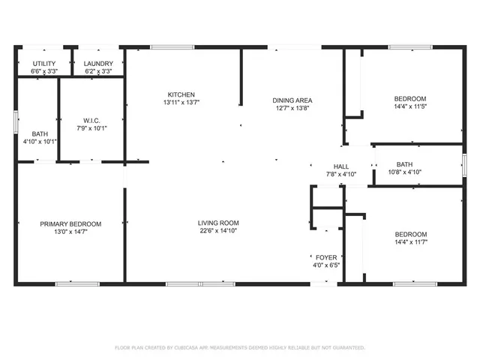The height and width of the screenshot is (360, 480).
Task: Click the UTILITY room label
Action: pos(45,64)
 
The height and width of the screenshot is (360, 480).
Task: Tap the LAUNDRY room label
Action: pos(98,64)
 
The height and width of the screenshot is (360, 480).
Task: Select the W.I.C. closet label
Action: pos(92,120)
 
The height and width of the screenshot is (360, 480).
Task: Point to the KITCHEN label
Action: pos(181,94)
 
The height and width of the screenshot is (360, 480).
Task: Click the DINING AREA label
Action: pos(292,100)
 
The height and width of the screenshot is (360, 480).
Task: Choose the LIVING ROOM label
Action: pos(218,223)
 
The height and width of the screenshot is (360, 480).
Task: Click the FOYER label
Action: pos(326,257)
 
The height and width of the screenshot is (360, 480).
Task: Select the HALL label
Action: pos(341,166)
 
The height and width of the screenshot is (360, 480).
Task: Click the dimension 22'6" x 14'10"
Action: pos(218,231)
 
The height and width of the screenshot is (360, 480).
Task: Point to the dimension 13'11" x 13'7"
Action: pos(181,102)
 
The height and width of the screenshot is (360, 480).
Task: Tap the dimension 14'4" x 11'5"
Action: pos(411,107)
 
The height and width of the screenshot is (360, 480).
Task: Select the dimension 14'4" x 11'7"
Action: pos(411,242)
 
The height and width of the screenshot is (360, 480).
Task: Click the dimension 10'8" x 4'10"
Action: pos(404,172)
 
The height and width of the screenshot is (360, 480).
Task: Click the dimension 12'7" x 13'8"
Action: pos(292,108)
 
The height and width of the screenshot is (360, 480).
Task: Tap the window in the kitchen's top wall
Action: pos(172,47)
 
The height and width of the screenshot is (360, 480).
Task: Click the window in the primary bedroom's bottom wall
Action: pos(77,283)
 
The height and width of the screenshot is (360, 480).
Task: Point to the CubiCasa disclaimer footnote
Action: pos(240,347)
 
